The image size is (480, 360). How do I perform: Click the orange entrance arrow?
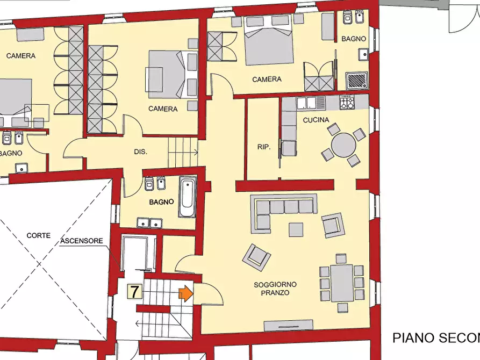[x=185, y=293]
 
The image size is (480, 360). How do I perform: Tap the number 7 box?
[x=134, y=292]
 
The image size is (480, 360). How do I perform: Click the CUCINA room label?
[x=316, y=120]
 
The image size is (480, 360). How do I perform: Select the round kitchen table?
[x=343, y=144]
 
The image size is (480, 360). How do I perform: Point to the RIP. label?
[x=263, y=146]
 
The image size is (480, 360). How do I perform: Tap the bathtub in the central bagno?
[x=188, y=197]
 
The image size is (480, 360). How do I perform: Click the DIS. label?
[x=140, y=152]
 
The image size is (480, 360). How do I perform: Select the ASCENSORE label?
[x=82, y=241]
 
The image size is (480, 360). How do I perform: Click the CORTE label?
[x=38, y=235]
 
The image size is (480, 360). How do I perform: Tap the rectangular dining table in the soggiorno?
[x=342, y=283]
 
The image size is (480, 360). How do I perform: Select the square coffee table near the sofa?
[x=296, y=229]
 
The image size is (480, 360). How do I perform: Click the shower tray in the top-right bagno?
[x=356, y=81]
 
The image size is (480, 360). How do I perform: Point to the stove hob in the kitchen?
[x=347, y=102]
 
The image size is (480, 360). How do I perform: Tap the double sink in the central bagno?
[x=149, y=222]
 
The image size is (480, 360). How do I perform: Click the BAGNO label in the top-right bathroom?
[x=354, y=39]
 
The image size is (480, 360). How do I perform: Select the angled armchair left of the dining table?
[x=256, y=257]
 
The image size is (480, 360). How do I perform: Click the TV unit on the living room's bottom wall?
[x=289, y=324]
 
